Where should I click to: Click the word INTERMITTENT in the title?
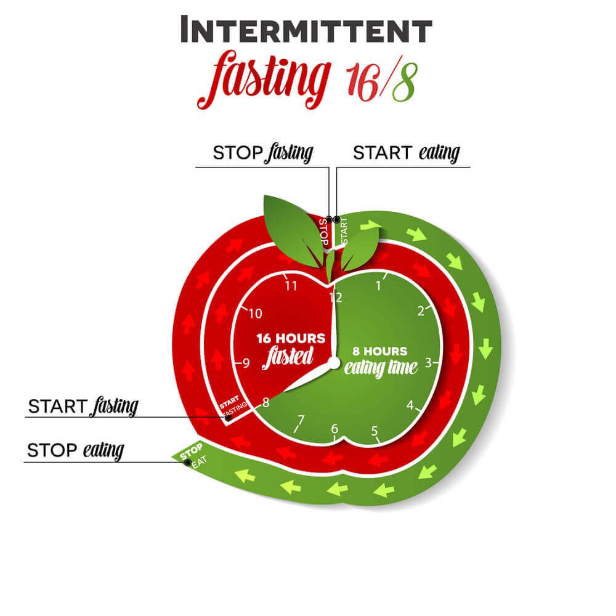point(306,30)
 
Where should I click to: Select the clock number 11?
point(291,286)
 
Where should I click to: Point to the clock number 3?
point(428,362)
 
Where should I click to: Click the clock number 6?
point(334,428)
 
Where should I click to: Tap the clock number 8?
point(265,402)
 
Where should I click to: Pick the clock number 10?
point(256,314)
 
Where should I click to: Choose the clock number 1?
point(379,286)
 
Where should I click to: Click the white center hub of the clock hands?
point(334,363)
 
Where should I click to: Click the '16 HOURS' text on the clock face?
point(291,338)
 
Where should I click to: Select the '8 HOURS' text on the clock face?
point(380,351)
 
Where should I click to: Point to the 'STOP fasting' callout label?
point(263,153)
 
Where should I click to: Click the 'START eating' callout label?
point(407,153)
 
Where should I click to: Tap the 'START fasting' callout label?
point(83,407)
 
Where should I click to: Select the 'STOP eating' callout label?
point(75,451)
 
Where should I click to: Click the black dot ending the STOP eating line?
point(188,463)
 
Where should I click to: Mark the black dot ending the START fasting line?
point(228,418)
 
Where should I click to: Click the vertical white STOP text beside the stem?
point(324,232)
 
